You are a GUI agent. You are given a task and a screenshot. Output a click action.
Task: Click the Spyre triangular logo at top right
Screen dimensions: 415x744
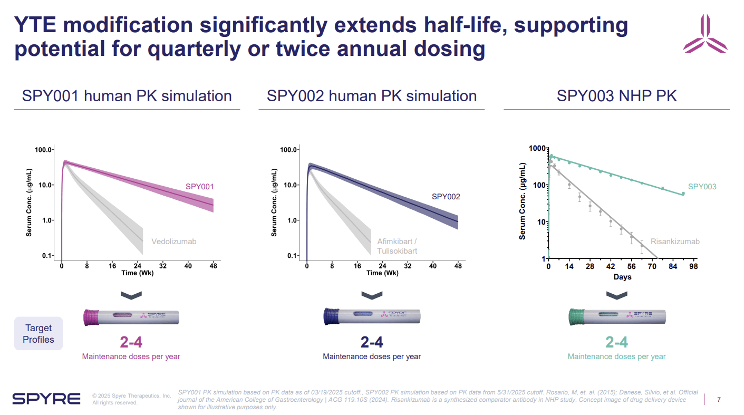(705, 34)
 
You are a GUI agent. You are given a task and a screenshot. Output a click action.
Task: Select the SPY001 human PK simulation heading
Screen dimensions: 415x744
(127, 96)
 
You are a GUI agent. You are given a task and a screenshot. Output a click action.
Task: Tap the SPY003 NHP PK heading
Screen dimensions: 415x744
(616, 96)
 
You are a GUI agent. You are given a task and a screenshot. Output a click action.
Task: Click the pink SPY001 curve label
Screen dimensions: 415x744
(199, 187)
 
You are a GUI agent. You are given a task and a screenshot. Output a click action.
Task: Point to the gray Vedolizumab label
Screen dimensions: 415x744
(173, 242)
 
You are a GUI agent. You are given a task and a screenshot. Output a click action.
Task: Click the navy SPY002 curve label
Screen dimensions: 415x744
(446, 197)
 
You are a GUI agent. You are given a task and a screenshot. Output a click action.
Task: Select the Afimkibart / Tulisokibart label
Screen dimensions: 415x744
(397, 246)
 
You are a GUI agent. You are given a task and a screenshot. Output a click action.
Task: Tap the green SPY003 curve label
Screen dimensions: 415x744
(702, 187)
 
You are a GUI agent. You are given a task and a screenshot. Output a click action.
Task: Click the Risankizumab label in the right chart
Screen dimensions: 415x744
(675, 242)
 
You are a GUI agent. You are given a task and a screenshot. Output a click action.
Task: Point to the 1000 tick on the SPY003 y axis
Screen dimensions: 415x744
(536, 149)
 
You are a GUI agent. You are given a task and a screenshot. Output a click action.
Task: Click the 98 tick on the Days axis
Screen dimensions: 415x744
(693, 267)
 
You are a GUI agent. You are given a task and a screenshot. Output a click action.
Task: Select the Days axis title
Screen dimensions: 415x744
(622, 277)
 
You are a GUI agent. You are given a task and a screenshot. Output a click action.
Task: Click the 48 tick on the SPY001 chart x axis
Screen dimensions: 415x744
(213, 266)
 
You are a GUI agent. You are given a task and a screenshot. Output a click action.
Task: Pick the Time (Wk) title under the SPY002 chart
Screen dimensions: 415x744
(382, 273)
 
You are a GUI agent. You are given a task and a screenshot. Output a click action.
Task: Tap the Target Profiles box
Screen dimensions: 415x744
(38, 334)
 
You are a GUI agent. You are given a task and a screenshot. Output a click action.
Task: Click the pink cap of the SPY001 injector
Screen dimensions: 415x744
(92, 317)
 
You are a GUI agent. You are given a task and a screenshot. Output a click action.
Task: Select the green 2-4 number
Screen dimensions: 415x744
(616, 342)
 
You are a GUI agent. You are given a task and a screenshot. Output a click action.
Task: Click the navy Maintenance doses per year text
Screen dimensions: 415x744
(372, 356)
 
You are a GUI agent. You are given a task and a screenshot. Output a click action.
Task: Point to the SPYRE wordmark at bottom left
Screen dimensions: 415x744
(46, 399)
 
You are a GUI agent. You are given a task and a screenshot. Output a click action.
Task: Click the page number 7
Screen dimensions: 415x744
(719, 400)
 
